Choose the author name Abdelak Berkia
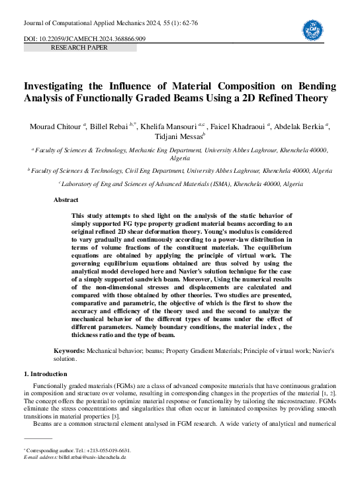click(304, 126)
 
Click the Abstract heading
click(66, 200)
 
